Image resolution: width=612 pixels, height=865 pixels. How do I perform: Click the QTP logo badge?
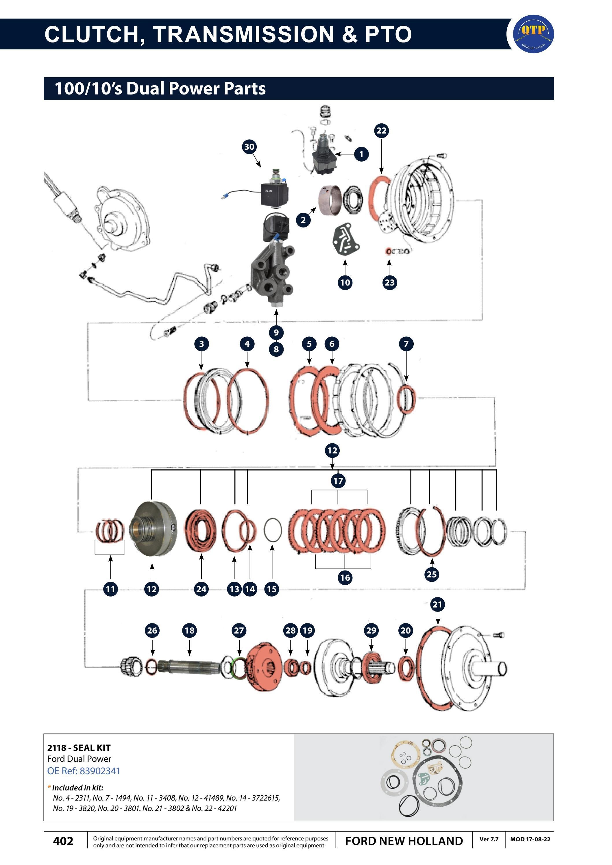coord(534,34)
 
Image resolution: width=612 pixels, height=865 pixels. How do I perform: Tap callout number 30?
coord(249,147)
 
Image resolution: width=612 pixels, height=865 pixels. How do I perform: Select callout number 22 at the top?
coord(381,130)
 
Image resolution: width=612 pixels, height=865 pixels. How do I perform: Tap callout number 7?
coord(406,344)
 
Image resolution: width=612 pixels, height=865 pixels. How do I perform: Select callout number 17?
coord(338,481)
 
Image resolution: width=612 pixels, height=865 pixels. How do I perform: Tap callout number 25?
coord(432,574)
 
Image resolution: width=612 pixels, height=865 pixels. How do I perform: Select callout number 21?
coord(437,604)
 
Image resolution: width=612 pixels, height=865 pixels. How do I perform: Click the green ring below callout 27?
coord(239,668)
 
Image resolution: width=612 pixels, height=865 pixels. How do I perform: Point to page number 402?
coord(63,841)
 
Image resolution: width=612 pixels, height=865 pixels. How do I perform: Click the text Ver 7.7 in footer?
coord(489,839)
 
